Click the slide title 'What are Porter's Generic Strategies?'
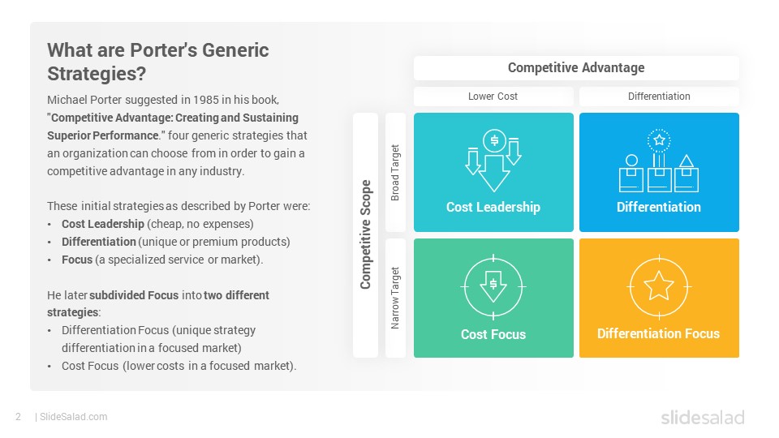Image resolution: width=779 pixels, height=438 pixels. tap(158, 62)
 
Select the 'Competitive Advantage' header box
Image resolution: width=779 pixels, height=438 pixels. tap(576, 68)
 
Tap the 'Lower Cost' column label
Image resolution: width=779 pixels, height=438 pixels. tap(493, 97)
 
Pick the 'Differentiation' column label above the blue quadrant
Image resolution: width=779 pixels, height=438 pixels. tap(659, 97)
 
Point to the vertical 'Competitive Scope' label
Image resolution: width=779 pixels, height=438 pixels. tap(366, 234)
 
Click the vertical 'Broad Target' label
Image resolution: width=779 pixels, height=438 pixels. tap(395, 172)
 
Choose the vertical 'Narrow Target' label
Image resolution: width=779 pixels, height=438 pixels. tap(395, 298)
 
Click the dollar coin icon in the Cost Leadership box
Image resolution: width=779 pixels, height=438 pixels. tap(494, 140)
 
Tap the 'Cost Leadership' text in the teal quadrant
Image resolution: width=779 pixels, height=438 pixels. tap(493, 207)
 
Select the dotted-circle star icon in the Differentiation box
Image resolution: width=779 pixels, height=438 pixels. tap(659, 140)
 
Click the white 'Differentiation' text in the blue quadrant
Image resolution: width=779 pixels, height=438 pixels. tap(659, 207)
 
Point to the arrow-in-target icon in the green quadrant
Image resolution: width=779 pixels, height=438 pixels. tap(493, 287)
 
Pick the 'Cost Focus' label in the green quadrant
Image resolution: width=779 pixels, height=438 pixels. tap(493, 334)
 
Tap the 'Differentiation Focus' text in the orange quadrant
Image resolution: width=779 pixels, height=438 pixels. tap(658, 333)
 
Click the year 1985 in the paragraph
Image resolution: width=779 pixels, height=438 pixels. tap(206, 100)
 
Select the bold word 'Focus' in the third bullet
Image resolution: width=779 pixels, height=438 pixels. tap(77, 260)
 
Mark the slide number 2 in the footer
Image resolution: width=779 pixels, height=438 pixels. tap(19, 417)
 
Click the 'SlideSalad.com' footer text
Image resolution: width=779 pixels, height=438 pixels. tap(74, 417)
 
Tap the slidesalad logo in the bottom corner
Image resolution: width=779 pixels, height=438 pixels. tap(703, 418)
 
